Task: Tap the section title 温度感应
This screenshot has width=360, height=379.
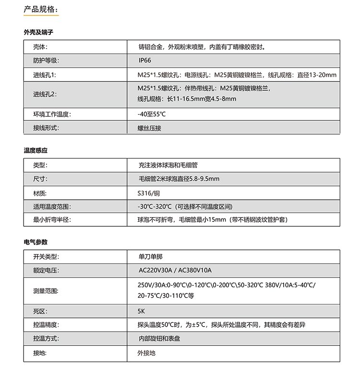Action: pos(36,151)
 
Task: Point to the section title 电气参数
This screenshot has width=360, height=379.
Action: pos(36,242)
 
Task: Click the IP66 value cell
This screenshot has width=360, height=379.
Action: pos(144,61)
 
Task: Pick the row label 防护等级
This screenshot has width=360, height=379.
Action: pos(46,61)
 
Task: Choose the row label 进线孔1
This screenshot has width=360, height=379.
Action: pos(45,75)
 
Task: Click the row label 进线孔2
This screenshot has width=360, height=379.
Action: pos(45,94)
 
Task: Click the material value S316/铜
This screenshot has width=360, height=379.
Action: pos(150,193)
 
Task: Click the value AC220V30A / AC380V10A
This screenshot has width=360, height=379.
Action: pos(175,270)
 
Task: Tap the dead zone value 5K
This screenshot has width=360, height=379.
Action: pos(141,311)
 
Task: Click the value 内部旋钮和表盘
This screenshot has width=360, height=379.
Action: pos(159,339)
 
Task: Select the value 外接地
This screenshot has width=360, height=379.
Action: pos(146,353)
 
